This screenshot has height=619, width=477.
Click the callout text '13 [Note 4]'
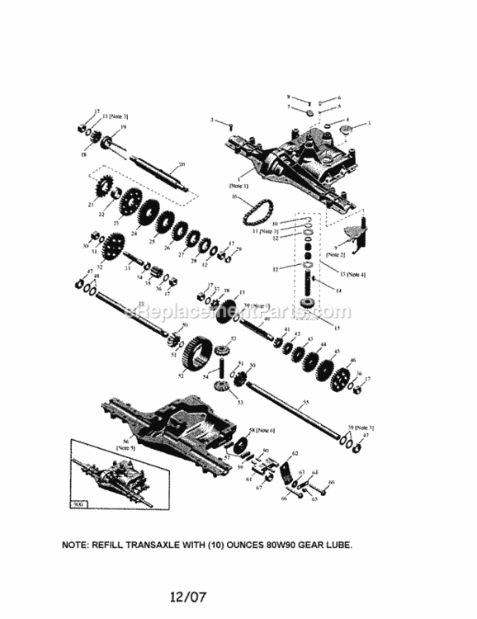pyautogui.click(x=352, y=273)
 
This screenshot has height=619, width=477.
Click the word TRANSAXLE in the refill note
pyautogui.click(x=163, y=546)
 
